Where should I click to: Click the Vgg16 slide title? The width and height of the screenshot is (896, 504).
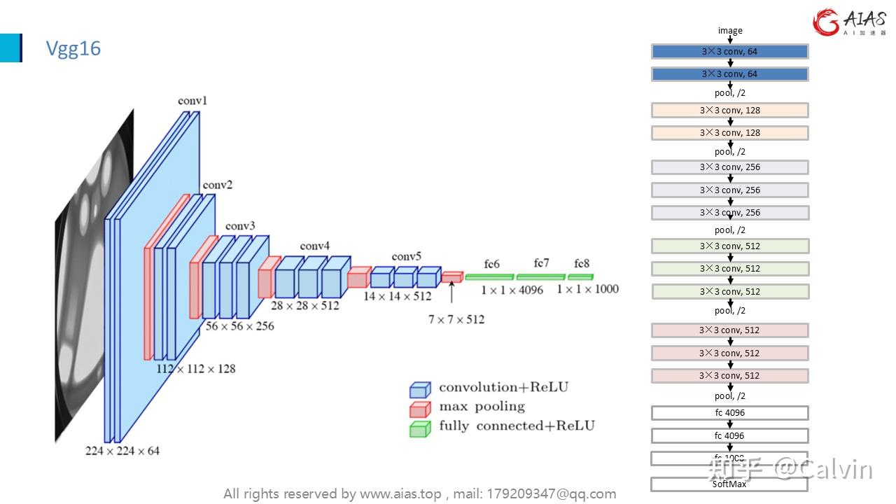tap(73, 48)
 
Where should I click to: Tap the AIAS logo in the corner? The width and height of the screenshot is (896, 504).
tap(848, 22)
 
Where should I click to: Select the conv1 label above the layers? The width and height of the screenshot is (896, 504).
tap(192, 101)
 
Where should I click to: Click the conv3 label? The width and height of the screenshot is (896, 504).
tap(240, 226)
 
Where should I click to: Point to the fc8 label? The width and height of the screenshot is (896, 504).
tap(582, 264)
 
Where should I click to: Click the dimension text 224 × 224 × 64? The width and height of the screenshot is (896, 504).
tap(122, 451)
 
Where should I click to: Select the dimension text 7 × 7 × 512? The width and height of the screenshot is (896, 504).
tap(456, 319)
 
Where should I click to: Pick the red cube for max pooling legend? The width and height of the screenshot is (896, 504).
tap(419, 409)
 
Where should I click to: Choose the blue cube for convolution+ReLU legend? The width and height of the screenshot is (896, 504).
tap(419, 389)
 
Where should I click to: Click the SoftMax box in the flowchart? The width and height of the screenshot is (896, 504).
tap(729, 484)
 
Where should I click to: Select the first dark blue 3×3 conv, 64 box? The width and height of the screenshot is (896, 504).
tap(729, 51)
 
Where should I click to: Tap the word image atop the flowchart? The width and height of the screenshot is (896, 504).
tap(730, 31)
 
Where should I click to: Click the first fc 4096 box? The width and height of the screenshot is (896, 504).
tap(729, 413)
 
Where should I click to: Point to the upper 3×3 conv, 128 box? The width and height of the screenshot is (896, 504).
tap(729, 110)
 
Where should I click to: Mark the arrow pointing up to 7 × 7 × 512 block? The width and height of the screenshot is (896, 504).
tap(452, 292)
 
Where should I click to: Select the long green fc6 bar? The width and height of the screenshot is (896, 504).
tap(489, 277)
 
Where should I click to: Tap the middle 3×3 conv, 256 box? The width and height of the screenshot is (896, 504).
tap(729, 190)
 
